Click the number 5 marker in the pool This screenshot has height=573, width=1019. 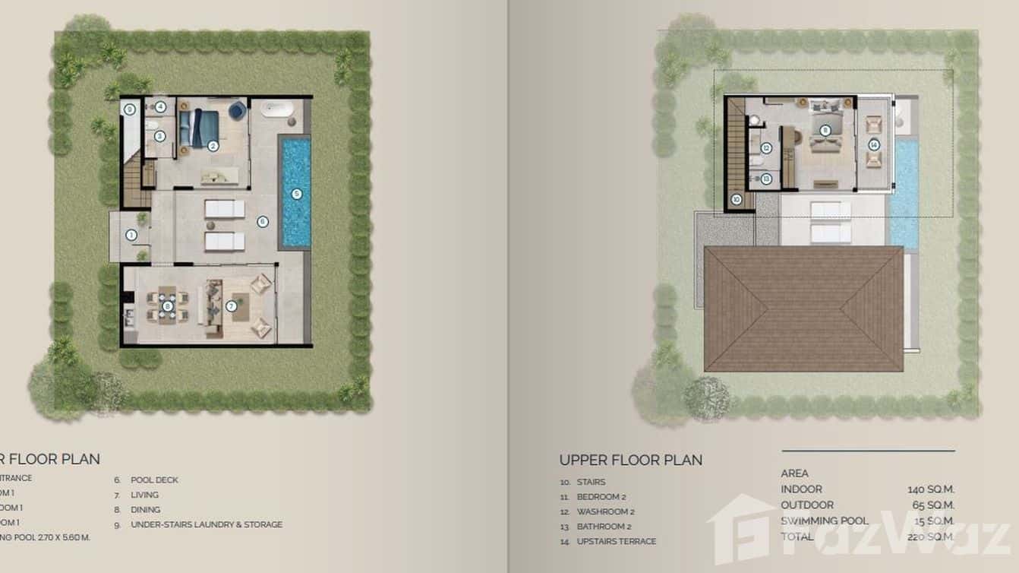297,193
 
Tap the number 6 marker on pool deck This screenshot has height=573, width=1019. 263,221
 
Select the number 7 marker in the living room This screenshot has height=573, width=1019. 232,307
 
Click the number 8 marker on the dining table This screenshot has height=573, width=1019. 168,306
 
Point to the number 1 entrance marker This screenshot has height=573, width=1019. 131,236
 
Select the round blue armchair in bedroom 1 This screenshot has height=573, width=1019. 238,111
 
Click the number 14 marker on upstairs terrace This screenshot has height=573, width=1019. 874,144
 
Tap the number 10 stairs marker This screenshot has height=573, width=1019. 736,200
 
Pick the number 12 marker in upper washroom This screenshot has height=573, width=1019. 766,148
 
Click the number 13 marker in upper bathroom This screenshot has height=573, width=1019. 766,179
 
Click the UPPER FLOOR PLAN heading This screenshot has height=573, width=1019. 630,460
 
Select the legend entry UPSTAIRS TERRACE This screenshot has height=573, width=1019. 616,541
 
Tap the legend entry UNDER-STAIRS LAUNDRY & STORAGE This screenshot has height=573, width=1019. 207,524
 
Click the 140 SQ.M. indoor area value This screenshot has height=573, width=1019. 931,489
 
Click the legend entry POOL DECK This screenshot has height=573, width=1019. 155,480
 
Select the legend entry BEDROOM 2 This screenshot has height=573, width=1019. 601,497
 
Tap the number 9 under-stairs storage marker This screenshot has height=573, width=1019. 130,109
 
